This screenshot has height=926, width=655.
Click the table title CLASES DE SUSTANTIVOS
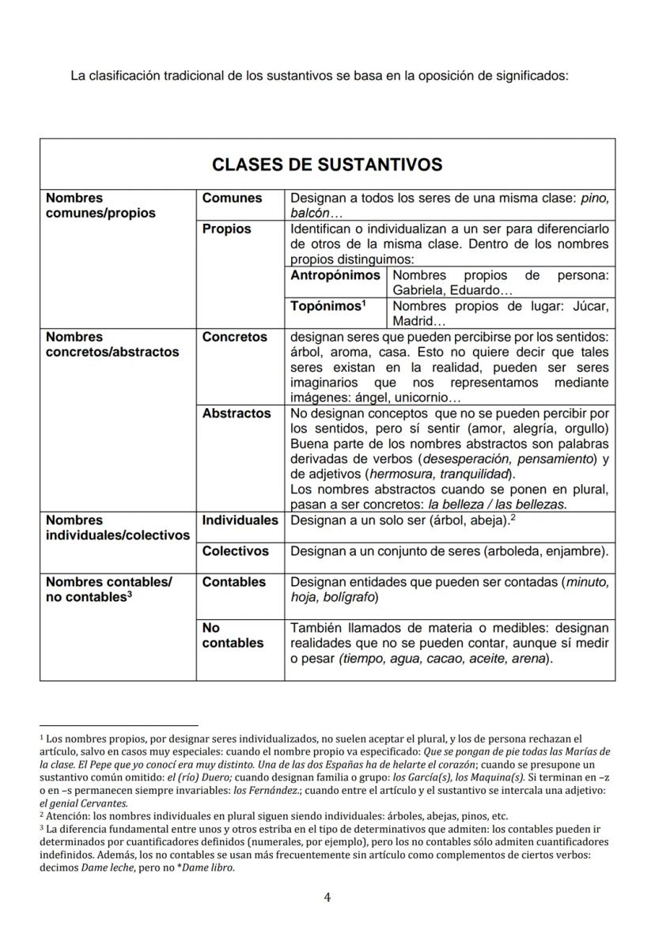coord(327,164)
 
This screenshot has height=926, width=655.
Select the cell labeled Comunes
coord(232,198)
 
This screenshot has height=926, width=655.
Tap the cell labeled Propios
coord(226,229)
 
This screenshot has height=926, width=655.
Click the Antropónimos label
coord(335,275)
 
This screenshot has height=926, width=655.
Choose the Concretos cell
coord(234,337)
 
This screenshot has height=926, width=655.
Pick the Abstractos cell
coord(236,413)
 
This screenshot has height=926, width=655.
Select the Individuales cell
coord(240,520)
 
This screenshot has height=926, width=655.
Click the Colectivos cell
coord(235,551)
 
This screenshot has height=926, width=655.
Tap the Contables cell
coord(233,582)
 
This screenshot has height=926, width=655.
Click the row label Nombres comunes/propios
coord(100,206)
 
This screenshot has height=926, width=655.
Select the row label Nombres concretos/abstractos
coord(112,344)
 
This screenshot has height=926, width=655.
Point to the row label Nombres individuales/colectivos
coord(117,527)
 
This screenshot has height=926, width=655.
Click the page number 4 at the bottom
coord(327,897)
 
